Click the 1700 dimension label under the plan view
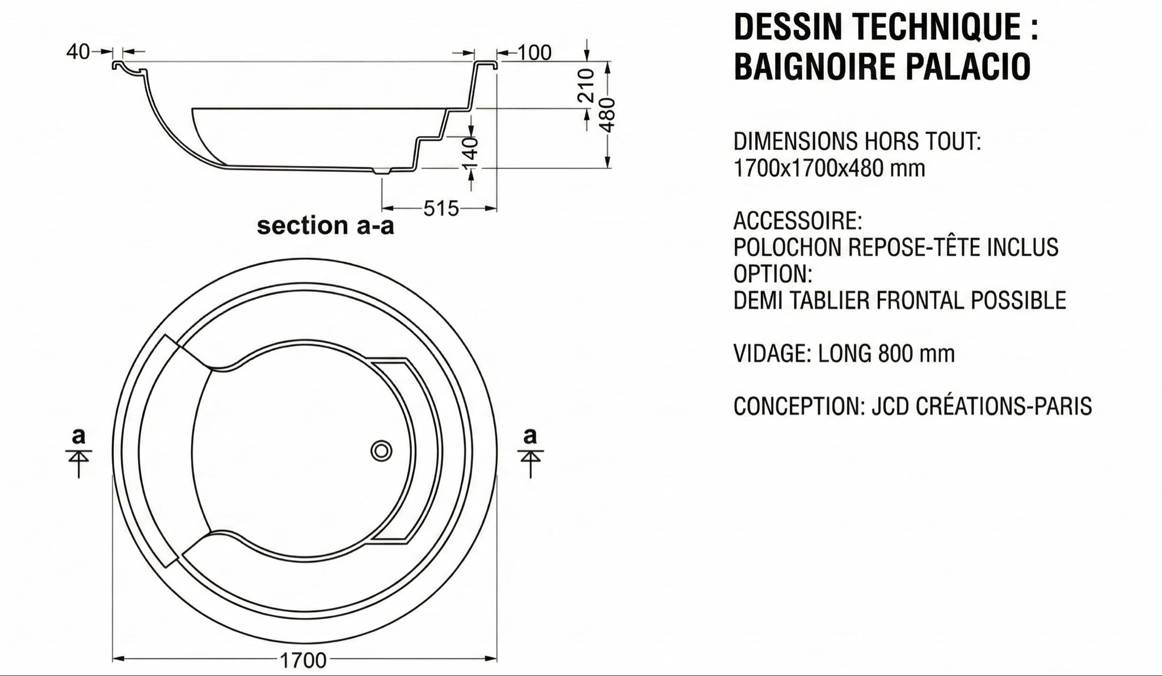(x=303, y=660)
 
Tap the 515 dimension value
(x=441, y=209)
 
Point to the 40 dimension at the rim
(x=78, y=52)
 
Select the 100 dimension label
(x=534, y=53)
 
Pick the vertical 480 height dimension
(x=608, y=115)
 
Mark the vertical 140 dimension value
(x=471, y=153)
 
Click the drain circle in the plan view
(x=381, y=451)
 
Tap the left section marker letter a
(x=78, y=436)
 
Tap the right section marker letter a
(x=530, y=436)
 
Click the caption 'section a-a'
(x=325, y=226)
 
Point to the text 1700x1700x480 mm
(x=829, y=168)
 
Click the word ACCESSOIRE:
(x=798, y=220)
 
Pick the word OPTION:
(x=773, y=274)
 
